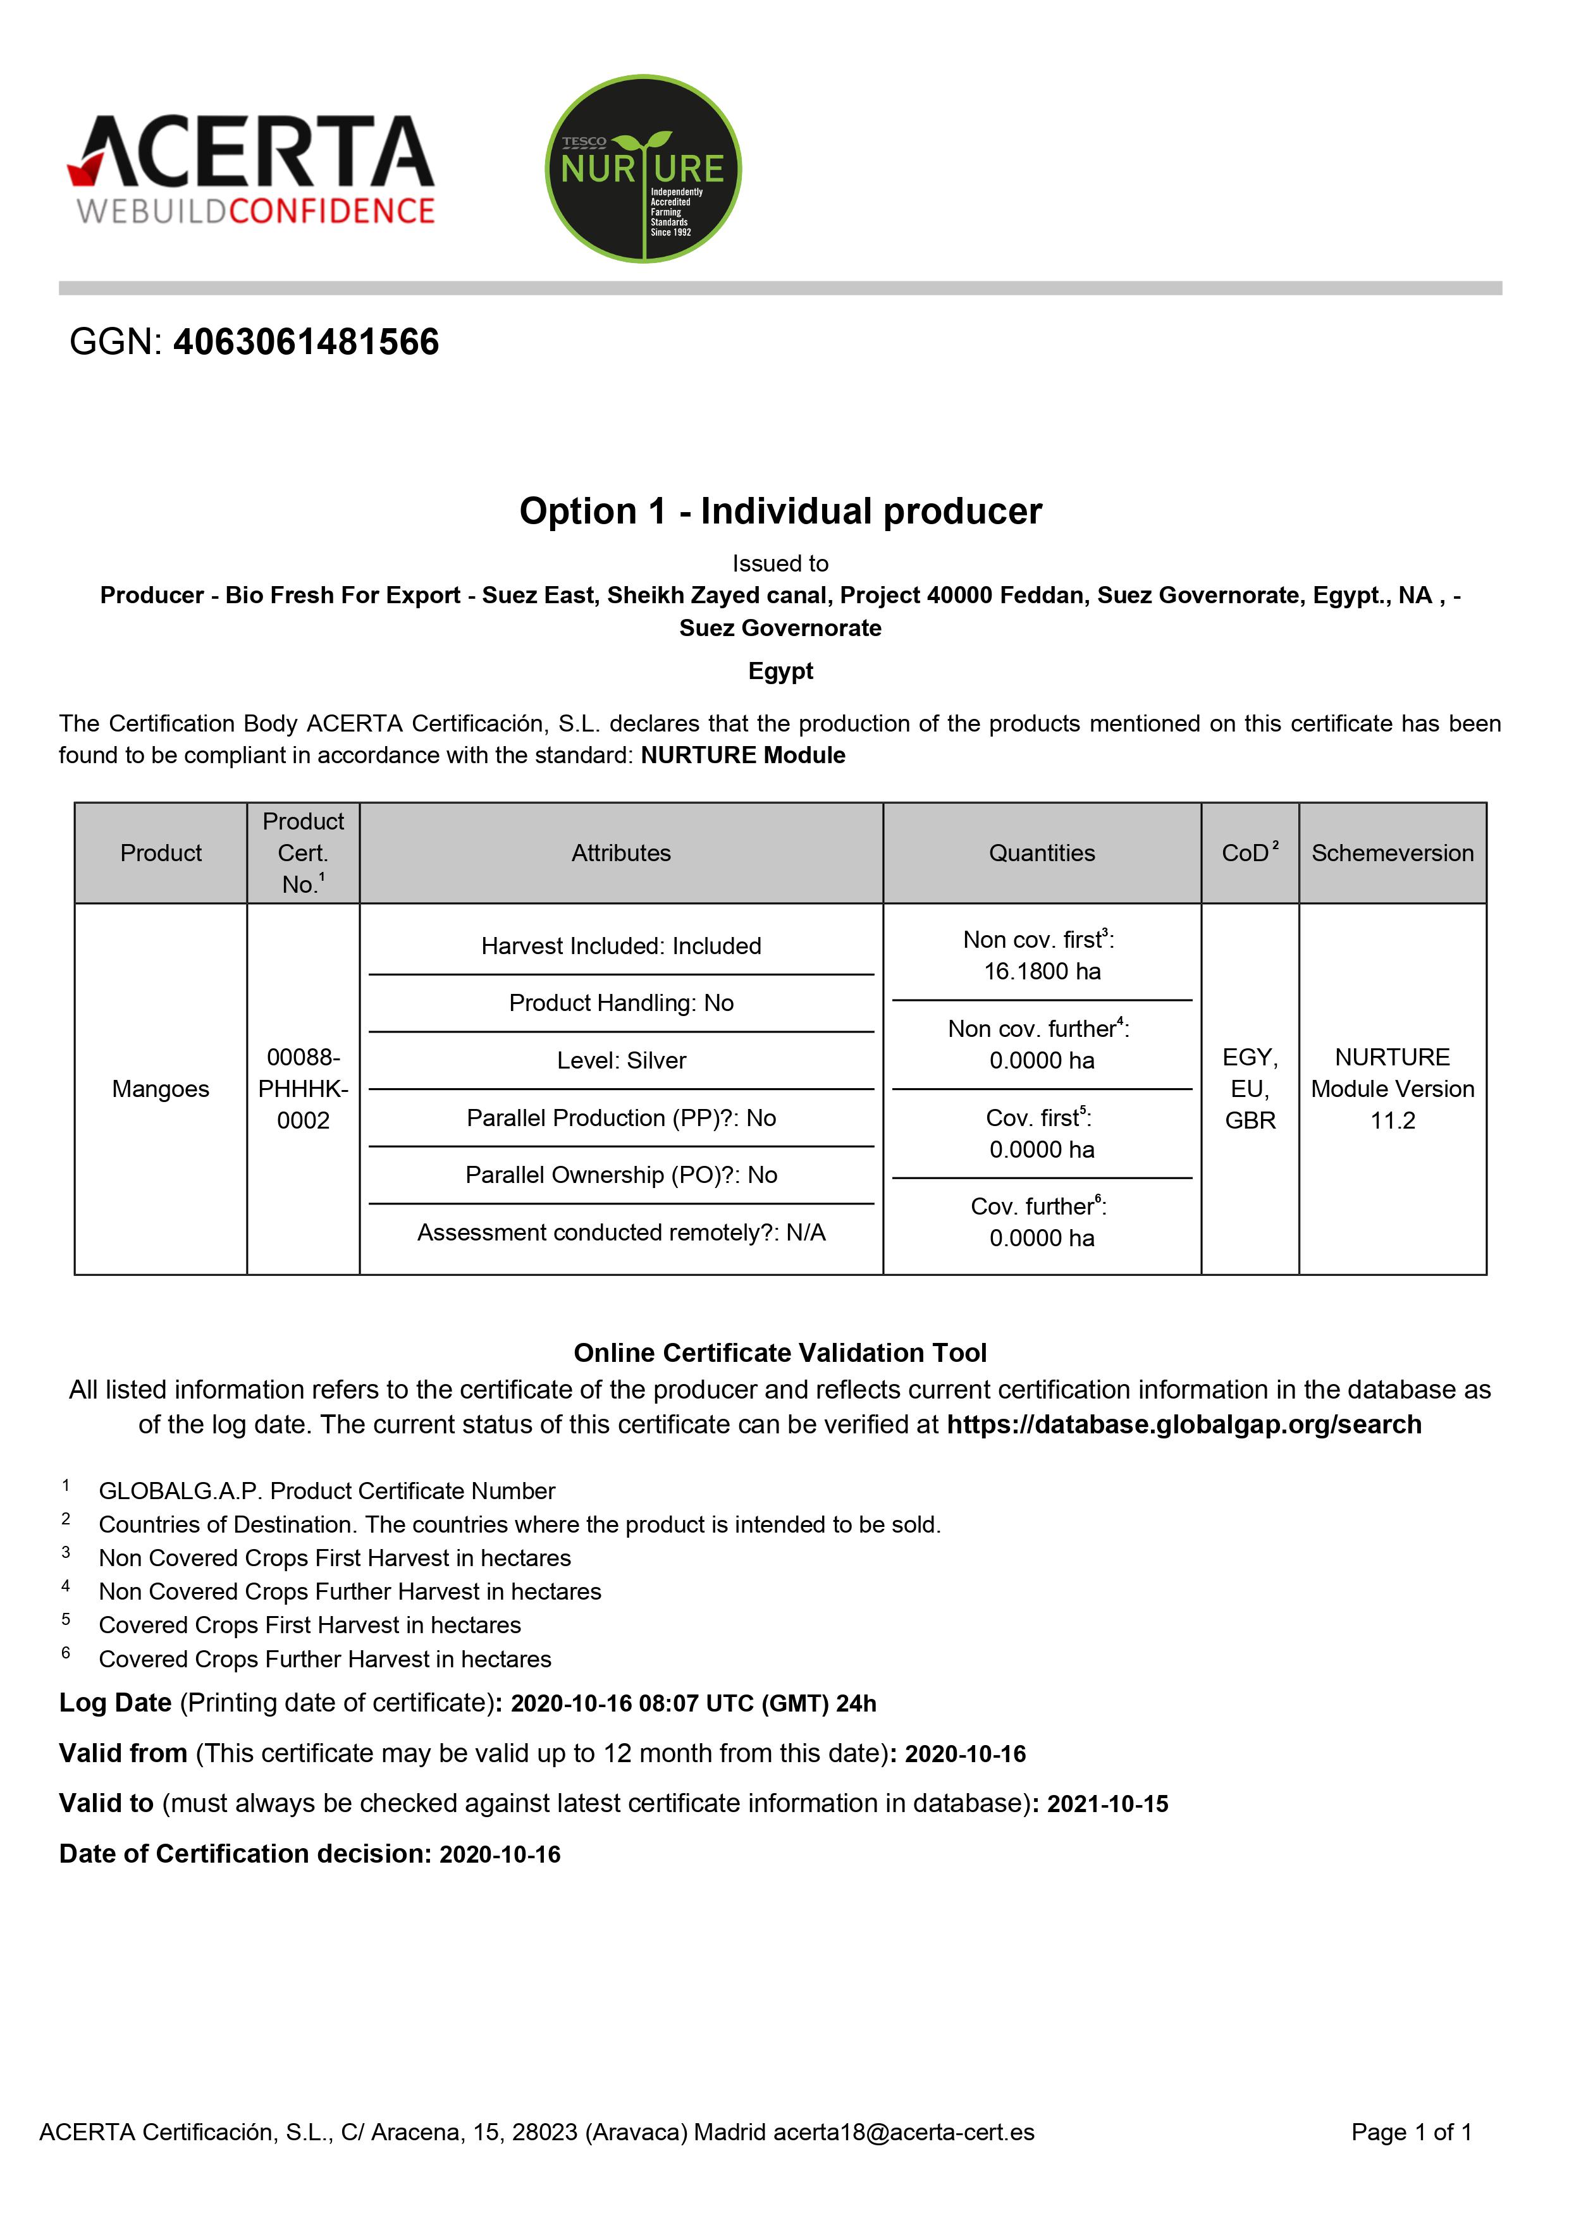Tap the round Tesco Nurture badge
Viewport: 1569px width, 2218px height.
coord(643,169)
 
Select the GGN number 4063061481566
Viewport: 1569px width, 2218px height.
coord(305,342)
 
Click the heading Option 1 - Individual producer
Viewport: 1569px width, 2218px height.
coord(780,511)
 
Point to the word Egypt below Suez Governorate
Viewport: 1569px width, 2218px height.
coord(780,671)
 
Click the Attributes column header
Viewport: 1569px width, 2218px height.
coord(621,853)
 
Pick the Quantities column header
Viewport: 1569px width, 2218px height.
coord(1042,853)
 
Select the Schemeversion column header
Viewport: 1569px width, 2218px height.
coord(1392,853)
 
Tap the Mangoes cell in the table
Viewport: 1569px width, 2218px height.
coord(161,1089)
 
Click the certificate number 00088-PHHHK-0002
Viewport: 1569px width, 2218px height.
coord(304,1089)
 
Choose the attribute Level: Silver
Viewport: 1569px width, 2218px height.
coord(621,1061)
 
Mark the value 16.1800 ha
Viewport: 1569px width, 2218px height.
coord(1042,972)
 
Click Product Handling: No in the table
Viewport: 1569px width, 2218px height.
coord(621,1003)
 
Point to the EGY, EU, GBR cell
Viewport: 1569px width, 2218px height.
coord(1250,1089)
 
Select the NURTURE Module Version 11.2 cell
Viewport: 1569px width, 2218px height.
coord(1392,1089)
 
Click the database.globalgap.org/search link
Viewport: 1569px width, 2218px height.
coord(1183,1425)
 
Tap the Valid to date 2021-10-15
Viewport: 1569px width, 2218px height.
coord(1107,1804)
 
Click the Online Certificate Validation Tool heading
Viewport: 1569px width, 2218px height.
coord(780,1352)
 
